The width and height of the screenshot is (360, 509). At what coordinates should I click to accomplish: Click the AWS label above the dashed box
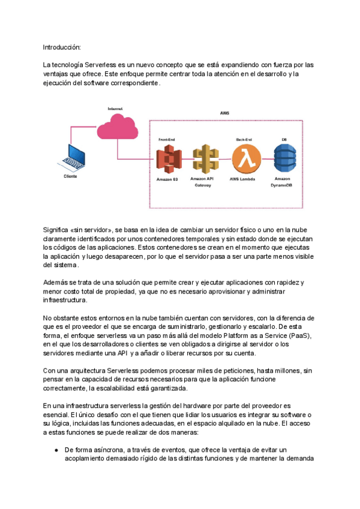(224, 113)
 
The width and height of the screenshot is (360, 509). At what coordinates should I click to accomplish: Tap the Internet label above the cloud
(116, 109)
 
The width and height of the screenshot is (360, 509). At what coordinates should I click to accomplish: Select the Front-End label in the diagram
(167, 139)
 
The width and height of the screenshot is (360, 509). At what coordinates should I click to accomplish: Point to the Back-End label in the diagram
(244, 139)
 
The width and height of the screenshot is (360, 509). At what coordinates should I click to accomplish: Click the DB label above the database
(284, 139)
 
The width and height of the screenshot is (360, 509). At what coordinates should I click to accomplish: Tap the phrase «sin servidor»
(91, 230)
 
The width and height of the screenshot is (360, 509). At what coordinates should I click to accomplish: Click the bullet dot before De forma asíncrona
(56, 449)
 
